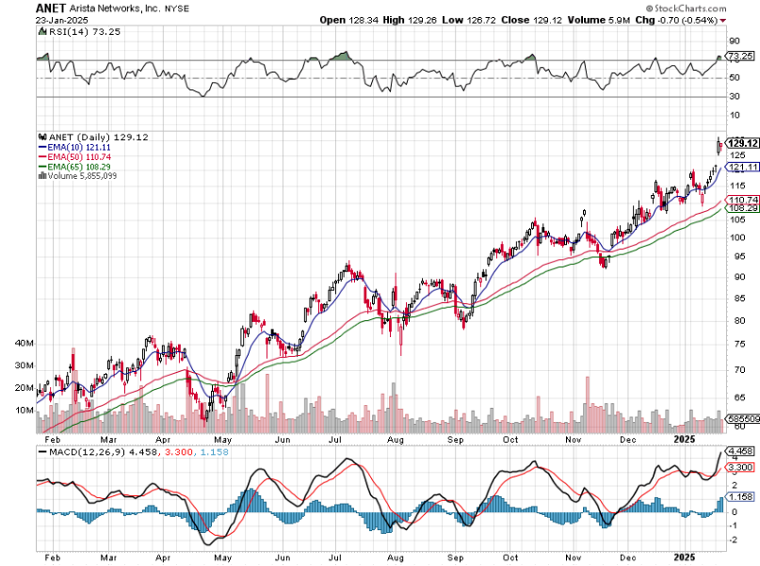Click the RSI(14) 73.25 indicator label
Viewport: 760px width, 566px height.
tap(74, 31)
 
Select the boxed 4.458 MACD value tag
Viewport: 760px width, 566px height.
tap(740, 451)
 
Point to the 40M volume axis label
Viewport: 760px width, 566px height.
tap(24, 344)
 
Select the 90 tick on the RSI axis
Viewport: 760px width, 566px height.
tap(732, 41)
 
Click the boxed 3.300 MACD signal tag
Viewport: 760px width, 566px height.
tap(740, 467)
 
